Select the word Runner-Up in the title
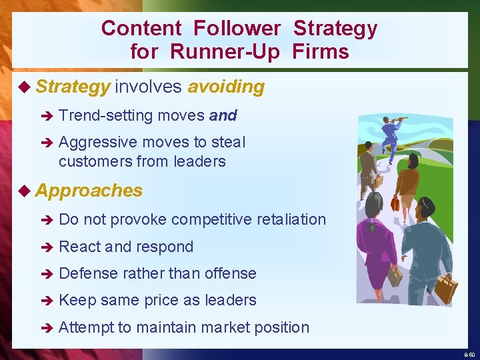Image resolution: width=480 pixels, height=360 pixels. click(225, 51)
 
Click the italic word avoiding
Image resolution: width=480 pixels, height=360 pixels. click(226, 87)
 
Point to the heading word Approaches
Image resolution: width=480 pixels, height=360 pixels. click(89, 191)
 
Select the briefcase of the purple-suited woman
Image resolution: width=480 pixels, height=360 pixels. click(395, 275)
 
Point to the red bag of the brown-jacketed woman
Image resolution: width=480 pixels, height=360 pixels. click(395, 202)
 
